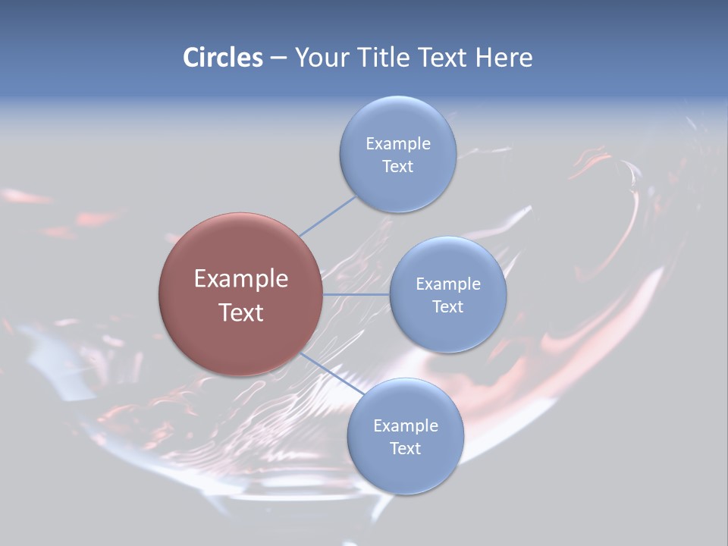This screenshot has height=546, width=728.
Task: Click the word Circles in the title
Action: (x=222, y=57)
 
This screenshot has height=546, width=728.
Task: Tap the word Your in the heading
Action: (x=322, y=57)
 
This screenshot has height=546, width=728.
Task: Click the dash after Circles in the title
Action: (x=278, y=58)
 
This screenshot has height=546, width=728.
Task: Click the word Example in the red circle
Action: (x=240, y=279)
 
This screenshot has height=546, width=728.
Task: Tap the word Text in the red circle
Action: (x=240, y=312)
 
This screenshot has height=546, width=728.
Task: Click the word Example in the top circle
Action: (x=398, y=143)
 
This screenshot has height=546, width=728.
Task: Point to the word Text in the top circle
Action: (x=398, y=166)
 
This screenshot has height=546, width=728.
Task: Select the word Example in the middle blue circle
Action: (x=447, y=284)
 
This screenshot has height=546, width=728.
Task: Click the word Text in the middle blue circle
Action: (x=447, y=306)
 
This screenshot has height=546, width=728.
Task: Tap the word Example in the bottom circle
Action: (x=405, y=425)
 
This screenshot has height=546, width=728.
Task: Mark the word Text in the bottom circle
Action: (x=405, y=448)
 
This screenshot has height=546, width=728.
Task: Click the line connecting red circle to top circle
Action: (x=328, y=216)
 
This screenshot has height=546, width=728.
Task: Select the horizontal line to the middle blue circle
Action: (x=356, y=294)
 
